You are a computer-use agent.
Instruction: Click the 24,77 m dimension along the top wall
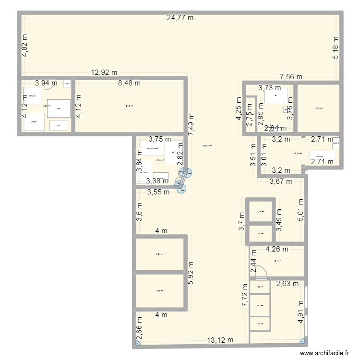[180, 18]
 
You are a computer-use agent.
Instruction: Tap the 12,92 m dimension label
[104, 73]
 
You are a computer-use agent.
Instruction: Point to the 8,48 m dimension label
[130, 83]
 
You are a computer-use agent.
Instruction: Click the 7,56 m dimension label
[291, 77]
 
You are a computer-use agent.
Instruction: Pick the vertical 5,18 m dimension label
[336, 48]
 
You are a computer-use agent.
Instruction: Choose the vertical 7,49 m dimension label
[191, 126]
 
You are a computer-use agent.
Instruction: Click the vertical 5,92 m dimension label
[191, 274]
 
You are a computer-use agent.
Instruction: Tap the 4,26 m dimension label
[276, 249]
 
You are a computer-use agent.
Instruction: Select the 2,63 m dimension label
[287, 283]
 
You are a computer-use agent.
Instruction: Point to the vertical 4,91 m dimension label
[301, 312]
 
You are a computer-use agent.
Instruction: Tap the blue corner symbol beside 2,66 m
[138, 343]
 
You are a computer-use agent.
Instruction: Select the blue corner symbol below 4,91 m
[302, 341]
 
